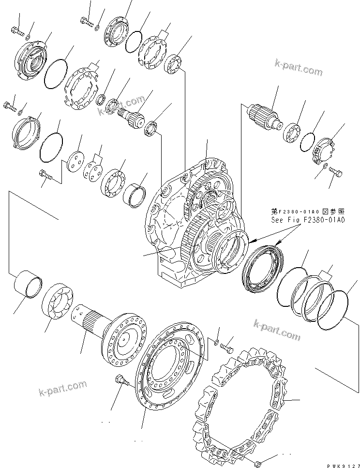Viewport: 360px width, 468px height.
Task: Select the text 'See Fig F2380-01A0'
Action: [308, 220]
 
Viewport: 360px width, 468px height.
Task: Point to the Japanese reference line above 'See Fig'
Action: [308, 211]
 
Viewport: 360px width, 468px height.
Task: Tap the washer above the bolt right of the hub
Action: [216, 343]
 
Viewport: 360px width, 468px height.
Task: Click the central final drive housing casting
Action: [194, 223]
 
